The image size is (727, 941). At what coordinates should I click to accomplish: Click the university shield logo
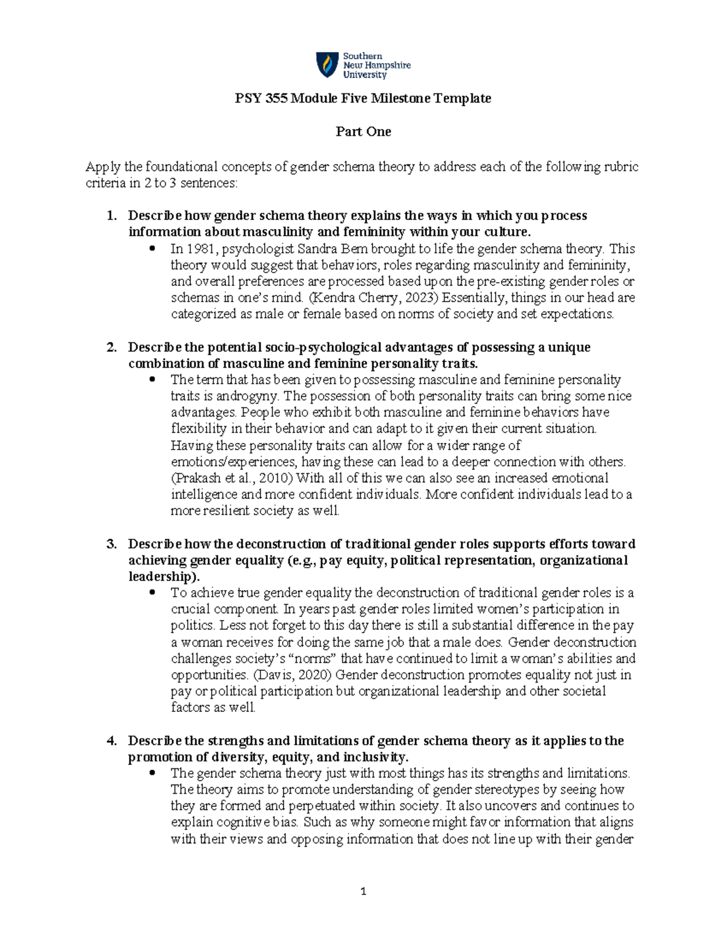[x=327, y=65]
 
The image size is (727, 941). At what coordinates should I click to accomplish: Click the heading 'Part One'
[x=363, y=131]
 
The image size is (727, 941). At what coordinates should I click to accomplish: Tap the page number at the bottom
[x=363, y=891]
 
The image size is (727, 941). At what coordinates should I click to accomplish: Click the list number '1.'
[x=111, y=216]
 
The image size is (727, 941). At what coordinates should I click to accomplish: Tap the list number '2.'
[x=111, y=347]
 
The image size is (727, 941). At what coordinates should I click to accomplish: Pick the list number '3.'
[x=111, y=544]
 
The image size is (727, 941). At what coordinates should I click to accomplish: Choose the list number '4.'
[x=111, y=741]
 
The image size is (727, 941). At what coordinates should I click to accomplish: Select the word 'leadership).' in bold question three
[x=163, y=576]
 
